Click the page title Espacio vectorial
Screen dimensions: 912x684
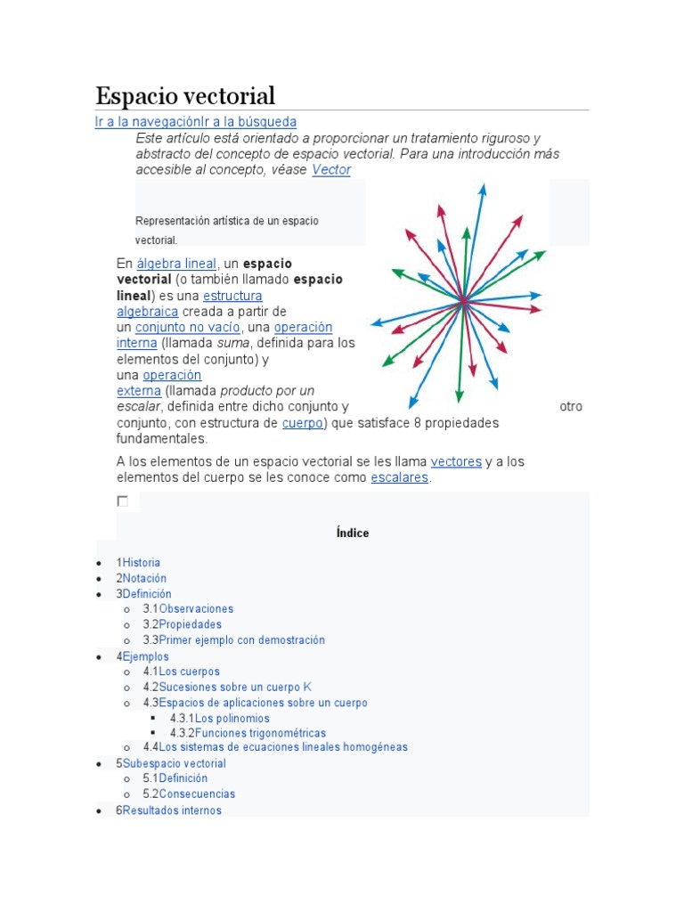[185, 95]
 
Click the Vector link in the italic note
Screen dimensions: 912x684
[331, 169]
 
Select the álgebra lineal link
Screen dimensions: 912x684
[176, 264]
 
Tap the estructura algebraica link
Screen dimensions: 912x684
[232, 296]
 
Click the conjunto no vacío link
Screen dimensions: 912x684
[188, 327]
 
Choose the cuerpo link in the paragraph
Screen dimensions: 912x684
[302, 422]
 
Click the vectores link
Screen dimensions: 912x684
[456, 461]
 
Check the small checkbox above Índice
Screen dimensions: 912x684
[123, 501]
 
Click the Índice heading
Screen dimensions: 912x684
[353, 533]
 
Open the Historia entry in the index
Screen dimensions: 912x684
[141, 563]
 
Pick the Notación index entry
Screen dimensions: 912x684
[144, 578]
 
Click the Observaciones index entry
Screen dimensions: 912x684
[196, 609]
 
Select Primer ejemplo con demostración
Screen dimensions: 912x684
[241, 640]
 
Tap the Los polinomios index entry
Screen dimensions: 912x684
[232, 718]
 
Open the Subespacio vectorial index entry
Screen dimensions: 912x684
[174, 763]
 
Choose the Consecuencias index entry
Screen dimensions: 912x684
[197, 794]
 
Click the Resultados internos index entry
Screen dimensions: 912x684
[172, 810]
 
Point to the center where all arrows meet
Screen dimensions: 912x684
[463, 304]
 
